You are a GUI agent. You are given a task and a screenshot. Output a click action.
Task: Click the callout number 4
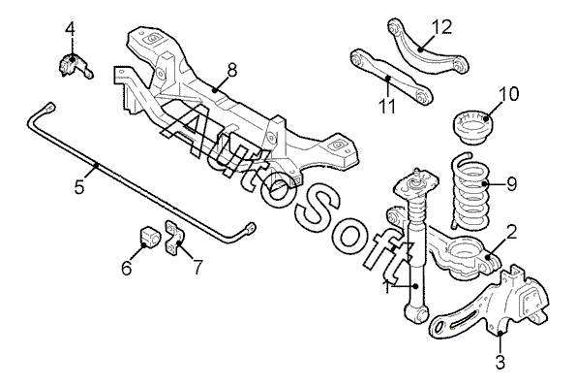click(x=70, y=29)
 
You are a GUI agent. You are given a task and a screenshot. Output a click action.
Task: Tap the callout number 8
click(x=232, y=70)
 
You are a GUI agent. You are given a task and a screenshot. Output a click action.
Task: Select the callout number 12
click(x=441, y=27)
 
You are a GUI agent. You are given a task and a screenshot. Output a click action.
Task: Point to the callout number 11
click(x=387, y=106)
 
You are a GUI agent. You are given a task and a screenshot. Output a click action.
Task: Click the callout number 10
click(x=508, y=93)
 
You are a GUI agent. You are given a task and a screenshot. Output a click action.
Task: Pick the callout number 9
click(x=511, y=184)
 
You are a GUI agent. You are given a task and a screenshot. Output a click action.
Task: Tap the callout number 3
click(x=500, y=362)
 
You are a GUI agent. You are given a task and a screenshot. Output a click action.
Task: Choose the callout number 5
click(x=79, y=187)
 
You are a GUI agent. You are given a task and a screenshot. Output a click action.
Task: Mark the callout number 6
click(x=127, y=268)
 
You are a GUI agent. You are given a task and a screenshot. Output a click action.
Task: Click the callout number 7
click(x=197, y=268)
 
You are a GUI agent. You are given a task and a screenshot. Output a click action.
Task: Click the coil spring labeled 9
click(x=470, y=191)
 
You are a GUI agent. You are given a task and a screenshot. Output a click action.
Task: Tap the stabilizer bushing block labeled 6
click(x=148, y=238)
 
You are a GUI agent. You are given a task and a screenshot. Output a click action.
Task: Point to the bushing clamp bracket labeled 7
click(x=174, y=238)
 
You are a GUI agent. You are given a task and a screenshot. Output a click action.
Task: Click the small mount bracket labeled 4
click(x=74, y=64)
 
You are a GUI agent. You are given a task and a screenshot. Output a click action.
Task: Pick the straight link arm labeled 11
click(x=390, y=77)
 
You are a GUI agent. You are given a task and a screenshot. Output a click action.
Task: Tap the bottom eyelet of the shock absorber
click(x=416, y=315)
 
